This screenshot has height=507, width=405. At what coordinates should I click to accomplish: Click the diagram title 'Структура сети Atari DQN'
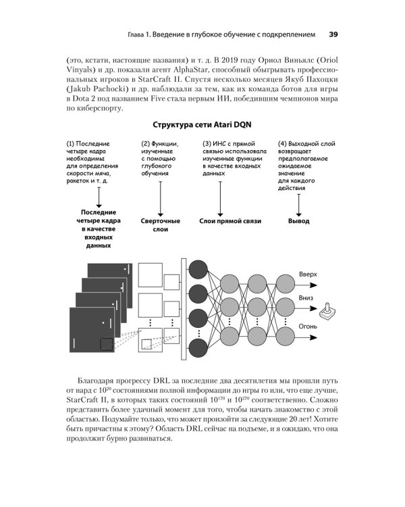tap(202, 125)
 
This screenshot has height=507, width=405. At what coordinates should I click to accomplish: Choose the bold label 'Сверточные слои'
tap(160, 225)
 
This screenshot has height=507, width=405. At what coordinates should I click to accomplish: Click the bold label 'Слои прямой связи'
tap(230, 221)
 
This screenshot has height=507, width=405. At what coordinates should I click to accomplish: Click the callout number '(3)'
tap(209, 143)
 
